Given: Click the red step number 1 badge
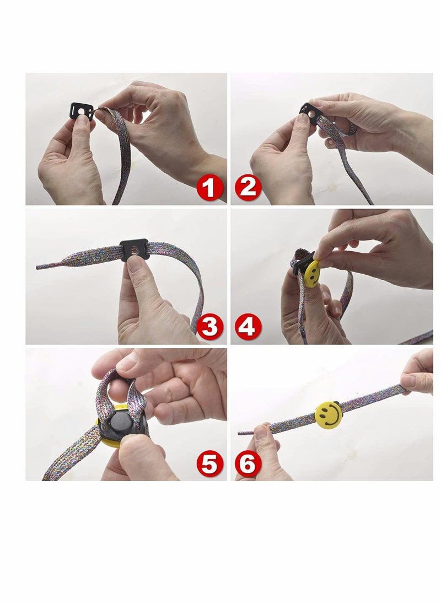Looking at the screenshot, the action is click(x=209, y=188).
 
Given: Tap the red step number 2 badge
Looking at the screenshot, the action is click(x=248, y=188).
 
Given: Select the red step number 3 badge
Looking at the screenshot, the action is click(x=209, y=327).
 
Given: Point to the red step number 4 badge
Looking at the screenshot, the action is click(x=248, y=327).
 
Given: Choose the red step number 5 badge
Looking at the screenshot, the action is click(x=209, y=464).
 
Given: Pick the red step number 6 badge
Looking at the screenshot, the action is click(x=248, y=464).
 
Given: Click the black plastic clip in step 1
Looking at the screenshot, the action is click(x=82, y=111).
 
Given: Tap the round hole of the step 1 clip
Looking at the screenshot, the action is click(x=82, y=111).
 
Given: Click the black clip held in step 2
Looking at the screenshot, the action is click(x=309, y=114).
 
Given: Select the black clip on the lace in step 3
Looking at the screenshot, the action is click(x=134, y=250).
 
